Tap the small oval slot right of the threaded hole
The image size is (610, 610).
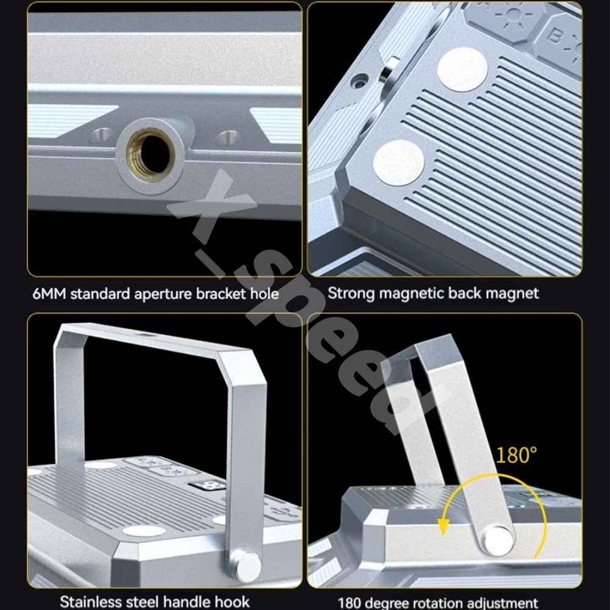[228, 137]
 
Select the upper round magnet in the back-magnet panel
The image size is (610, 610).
[462, 70]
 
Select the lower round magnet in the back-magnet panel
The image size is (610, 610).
[398, 163]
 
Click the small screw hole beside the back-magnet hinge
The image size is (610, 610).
[361, 81]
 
